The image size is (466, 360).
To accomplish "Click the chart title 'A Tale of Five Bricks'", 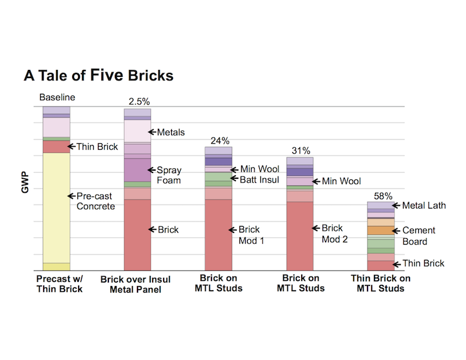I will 98,76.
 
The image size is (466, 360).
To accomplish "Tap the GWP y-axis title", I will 25,181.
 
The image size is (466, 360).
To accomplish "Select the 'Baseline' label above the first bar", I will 57,97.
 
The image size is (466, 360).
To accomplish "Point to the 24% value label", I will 220,140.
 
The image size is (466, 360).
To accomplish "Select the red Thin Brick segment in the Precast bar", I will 57,146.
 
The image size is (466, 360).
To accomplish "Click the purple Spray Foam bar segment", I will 137,170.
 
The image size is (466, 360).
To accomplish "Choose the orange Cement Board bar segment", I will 381,230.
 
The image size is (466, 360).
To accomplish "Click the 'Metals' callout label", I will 171,132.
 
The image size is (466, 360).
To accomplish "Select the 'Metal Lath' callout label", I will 423,205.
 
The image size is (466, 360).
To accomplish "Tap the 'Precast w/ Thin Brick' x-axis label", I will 57,284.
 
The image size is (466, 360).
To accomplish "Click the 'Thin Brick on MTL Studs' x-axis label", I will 381,284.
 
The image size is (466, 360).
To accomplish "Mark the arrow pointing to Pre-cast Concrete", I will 72,196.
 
